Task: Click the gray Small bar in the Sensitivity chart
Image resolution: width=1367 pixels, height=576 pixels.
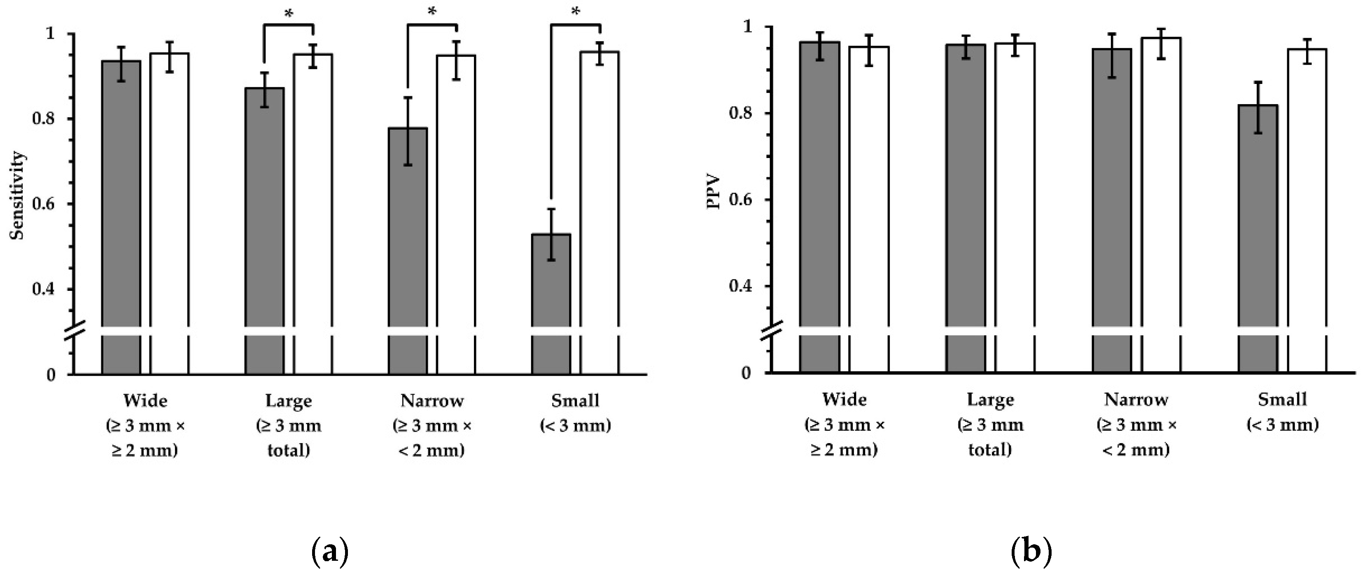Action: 551,302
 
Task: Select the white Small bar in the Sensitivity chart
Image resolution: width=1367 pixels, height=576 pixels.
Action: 599,212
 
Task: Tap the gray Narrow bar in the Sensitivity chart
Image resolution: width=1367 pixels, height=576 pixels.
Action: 408,249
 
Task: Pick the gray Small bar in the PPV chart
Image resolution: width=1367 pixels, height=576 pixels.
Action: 1258,239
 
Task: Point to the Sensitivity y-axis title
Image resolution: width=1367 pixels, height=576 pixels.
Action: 18,196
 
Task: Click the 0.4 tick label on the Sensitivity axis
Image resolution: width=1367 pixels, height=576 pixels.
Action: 44,290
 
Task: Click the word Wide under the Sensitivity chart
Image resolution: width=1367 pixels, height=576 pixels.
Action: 145,400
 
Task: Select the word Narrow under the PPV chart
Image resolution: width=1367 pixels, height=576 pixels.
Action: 1136,399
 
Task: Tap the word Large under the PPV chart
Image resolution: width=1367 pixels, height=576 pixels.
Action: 990,400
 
